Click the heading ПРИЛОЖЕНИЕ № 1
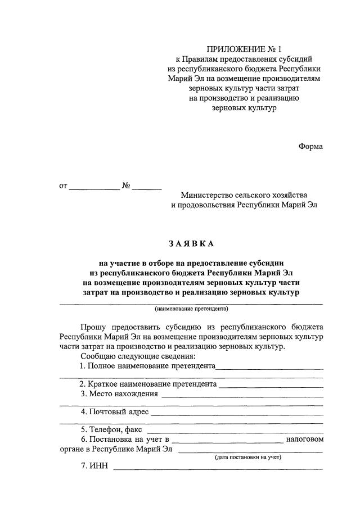tap(244, 48)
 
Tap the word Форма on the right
tap(310, 147)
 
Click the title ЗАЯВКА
tap(191, 244)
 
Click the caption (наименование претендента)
tap(191, 309)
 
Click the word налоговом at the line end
tap(304, 439)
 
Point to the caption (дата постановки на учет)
tap(247, 458)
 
